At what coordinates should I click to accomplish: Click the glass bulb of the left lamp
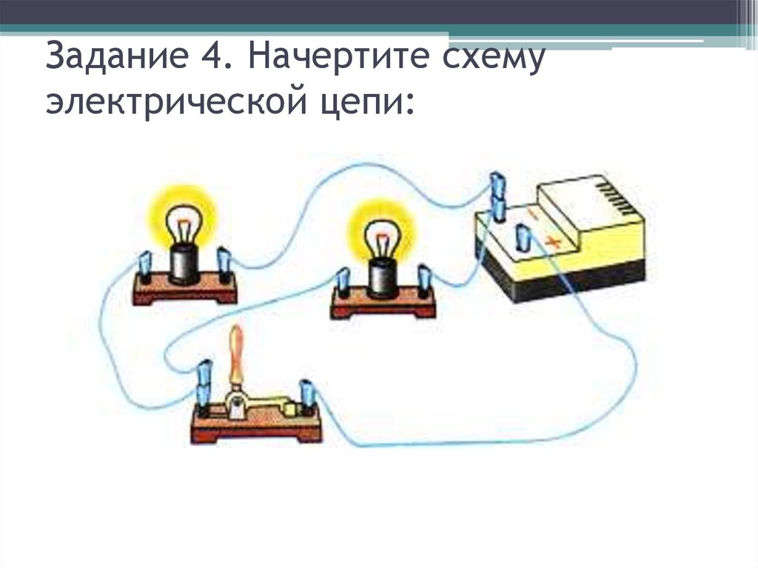(182, 221)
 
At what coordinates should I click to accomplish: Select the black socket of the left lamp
(183, 264)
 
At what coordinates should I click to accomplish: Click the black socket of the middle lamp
(382, 278)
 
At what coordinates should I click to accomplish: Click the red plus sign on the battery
(552, 241)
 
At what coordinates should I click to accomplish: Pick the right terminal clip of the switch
(306, 395)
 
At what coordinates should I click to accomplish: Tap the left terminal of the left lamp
(144, 267)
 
